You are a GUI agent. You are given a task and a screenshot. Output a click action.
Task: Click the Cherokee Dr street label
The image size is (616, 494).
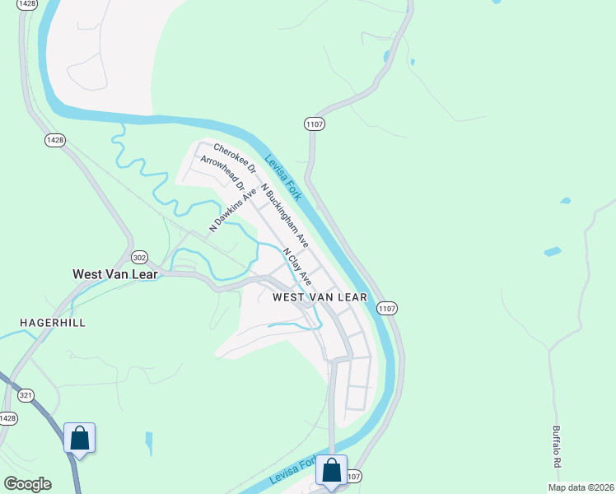tap(236, 158)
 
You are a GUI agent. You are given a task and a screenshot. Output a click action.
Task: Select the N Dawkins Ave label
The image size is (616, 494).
tap(228, 210)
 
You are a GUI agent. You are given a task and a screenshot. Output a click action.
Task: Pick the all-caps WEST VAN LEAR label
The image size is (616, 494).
tap(320, 296)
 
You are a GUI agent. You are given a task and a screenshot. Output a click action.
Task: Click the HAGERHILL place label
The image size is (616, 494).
tap(54, 322)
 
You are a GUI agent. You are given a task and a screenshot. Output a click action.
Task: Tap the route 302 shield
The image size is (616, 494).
tap(140, 256)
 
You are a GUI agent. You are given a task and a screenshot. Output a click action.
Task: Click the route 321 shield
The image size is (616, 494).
tap(26, 396)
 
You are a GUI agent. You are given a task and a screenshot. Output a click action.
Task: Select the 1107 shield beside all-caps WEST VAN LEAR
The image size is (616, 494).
tap(388, 307)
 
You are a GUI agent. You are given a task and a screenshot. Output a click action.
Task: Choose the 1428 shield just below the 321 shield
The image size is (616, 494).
tap(8, 418)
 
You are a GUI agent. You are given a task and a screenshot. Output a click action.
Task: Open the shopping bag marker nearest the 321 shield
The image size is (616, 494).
tap(80, 437)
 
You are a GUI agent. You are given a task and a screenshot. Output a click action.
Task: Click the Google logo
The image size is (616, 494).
tap(27, 484)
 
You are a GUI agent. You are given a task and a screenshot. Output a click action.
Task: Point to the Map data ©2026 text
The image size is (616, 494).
tap(581, 487)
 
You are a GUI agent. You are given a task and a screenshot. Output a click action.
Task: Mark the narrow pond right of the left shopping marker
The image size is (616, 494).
tap(149, 443)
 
